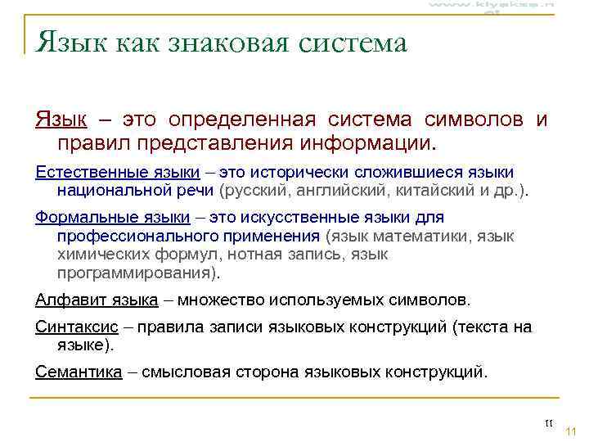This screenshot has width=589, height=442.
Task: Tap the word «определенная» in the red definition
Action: point(242,120)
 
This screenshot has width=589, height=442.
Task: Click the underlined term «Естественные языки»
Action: point(117,172)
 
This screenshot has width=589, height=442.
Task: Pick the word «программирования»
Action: point(135,273)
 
